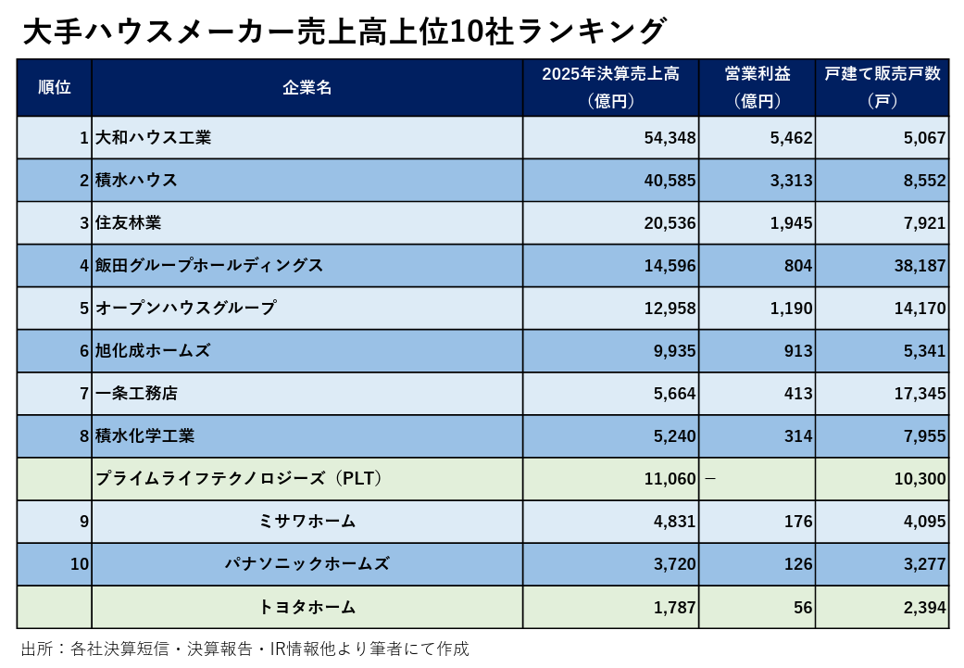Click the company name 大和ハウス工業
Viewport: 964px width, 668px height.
(153, 138)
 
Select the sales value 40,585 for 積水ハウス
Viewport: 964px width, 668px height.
(670, 181)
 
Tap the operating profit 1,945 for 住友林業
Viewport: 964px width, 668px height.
(791, 223)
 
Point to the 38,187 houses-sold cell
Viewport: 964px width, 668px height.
(920, 266)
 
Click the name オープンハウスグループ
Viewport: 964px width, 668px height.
(185, 309)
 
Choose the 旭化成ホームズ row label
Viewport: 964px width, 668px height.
(153, 351)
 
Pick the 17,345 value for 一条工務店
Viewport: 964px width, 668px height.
(920, 394)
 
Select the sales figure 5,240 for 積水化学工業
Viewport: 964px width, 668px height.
(674, 436)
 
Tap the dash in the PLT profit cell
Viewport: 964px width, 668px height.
(710, 479)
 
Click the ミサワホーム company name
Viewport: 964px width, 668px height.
(307, 522)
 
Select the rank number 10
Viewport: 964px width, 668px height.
(80, 564)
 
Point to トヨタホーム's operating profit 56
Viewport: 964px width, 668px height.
(802, 608)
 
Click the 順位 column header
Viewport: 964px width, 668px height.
(54, 88)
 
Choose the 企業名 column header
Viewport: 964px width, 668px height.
(307, 88)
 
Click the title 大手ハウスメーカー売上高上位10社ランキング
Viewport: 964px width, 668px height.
(344, 31)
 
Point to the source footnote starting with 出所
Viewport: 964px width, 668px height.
(245, 649)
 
